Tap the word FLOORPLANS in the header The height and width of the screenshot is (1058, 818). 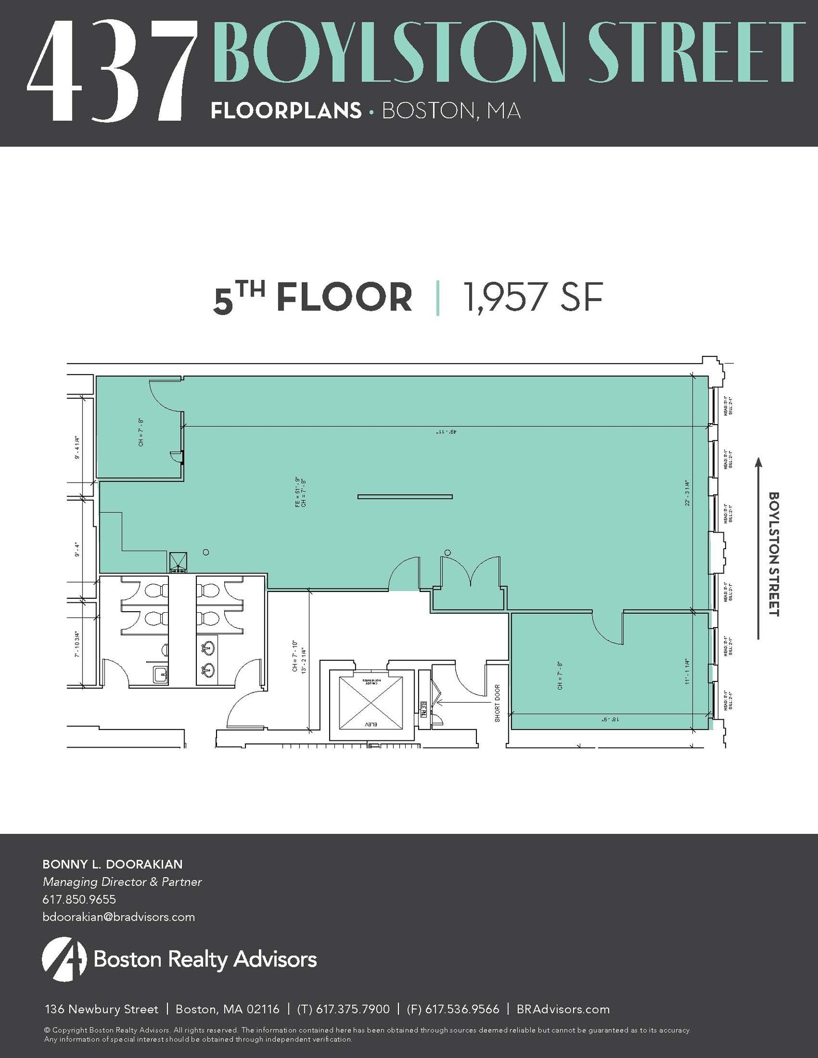pyautogui.click(x=286, y=111)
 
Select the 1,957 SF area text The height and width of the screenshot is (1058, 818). pyautogui.click(x=533, y=298)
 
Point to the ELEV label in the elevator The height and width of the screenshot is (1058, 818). pyautogui.click(x=371, y=724)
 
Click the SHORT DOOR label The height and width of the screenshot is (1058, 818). pyautogui.click(x=497, y=703)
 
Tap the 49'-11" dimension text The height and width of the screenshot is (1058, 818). pyautogui.click(x=444, y=431)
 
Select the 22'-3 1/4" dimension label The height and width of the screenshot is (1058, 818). pyautogui.click(x=687, y=493)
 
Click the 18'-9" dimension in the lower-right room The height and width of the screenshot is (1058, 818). pyautogui.click(x=606, y=719)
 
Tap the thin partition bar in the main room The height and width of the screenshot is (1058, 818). pyautogui.click(x=405, y=497)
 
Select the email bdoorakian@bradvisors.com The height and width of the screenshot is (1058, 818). pyautogui.click(x=118, y=917)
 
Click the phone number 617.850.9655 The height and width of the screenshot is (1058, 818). pyautogui.click(x=79, y=899)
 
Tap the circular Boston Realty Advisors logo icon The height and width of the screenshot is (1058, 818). pyautogui.click(x=64, y=959)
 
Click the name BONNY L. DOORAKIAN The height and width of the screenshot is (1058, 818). pyautogui.click(x=112, y=864)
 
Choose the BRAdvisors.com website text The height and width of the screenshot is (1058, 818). pyautogui.click(x=563, y=1009)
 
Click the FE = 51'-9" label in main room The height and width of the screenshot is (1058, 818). pyautogui.click(x=297, y=492)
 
